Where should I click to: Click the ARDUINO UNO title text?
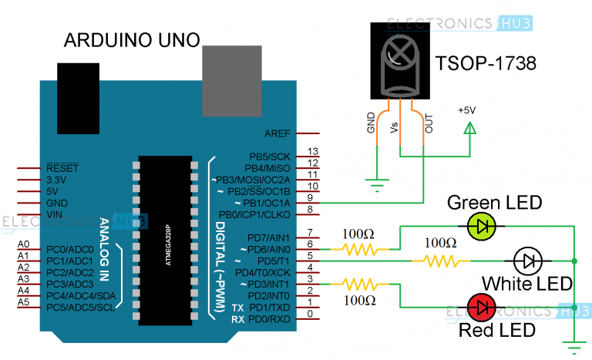tap(132, 39)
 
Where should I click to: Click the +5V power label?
tap(467, 110)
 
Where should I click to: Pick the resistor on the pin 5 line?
tap(441, 261)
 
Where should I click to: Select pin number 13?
tap(312, 151)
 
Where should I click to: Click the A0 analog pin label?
tap(24, 245)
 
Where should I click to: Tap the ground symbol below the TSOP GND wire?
tap(377, 186)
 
